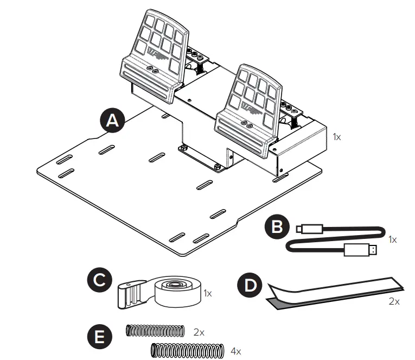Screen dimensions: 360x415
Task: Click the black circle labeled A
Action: [112, 122]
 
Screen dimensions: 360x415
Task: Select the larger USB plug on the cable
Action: [360, 250]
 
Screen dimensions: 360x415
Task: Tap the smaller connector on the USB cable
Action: [311, 229]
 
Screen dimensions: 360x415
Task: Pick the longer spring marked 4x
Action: [187, 351]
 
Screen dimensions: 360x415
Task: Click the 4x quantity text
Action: [235, 351]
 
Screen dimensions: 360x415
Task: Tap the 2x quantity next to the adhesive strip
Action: [394, 301]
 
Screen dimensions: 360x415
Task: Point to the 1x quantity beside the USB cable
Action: [394, 239]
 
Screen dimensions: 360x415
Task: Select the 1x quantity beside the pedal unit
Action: [337, 137]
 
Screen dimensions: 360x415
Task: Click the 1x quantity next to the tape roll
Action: [207, 293]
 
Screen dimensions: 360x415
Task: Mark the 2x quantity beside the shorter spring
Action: [199, 331]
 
